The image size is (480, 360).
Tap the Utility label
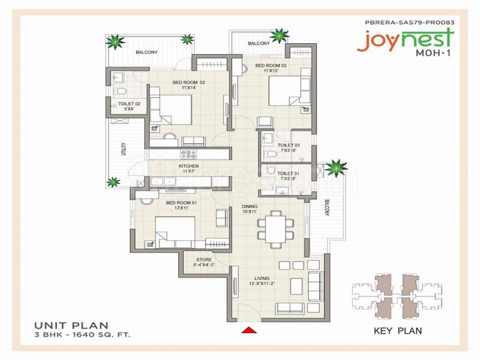124,149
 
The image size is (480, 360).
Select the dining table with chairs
275,229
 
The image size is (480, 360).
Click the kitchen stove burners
189,154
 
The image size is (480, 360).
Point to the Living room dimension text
262,283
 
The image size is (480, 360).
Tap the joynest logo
405,40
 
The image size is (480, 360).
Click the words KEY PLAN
398,331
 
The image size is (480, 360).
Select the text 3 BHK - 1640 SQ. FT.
82,335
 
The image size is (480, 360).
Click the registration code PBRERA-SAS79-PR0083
410,22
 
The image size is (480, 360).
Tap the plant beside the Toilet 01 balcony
336,168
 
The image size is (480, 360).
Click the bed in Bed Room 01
175,232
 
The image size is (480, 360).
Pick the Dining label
250,206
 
